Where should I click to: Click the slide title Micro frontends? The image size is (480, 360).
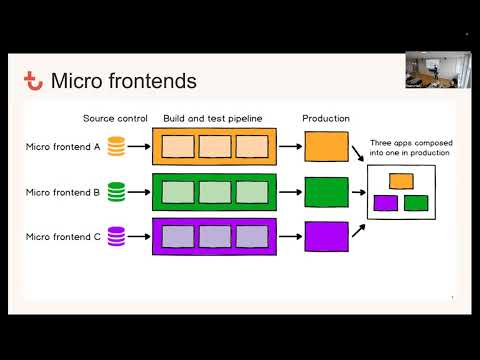tap(123, 81)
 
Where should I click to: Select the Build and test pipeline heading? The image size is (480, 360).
tap(212, 118)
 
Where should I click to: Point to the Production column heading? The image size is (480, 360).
tap(325, 118)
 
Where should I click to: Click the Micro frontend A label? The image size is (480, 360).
tap(62, 147)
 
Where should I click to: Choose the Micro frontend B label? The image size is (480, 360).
tap(62, 191)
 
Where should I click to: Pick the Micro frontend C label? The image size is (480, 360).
tap(62, 236)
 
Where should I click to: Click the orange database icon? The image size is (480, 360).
tap(116, 147)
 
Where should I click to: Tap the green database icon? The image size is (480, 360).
tap(116, 191)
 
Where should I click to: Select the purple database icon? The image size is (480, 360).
tap(116, 236)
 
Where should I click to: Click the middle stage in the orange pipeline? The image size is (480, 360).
tap(214, 147)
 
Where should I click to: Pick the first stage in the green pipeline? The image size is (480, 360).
tap(178, 191)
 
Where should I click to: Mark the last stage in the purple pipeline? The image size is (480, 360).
tap(249, 236)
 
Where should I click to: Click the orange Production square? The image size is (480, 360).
tap(326, 146)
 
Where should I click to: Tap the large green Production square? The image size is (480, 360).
tap(326, 191)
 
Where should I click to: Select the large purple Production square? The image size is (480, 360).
tap(326, 236)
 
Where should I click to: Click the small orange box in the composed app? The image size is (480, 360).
tap(401, 181)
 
